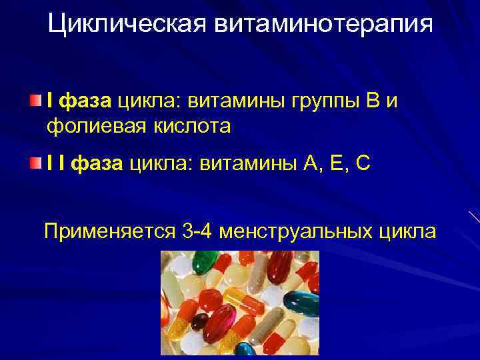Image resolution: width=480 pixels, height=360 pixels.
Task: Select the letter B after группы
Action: (x=373, y=101)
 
